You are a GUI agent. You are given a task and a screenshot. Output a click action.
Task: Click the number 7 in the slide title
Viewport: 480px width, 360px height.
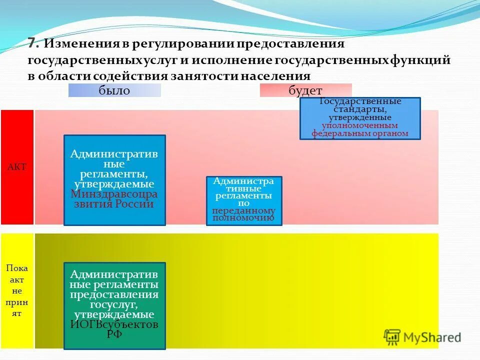coord(32,43)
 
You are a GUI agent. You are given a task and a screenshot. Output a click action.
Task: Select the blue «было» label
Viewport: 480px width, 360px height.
coord(114,90)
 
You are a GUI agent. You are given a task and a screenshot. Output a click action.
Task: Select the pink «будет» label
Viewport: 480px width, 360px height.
coord(305,90)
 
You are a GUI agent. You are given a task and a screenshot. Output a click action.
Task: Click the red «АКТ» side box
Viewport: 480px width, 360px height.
coord(17,167)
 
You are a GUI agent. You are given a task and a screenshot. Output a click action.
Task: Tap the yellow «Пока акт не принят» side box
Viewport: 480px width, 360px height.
coord(17,290)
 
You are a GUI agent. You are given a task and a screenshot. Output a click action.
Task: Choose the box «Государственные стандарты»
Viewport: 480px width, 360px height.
coord(360,118)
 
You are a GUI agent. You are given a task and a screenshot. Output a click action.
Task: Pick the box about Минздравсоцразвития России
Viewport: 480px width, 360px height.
coord(114,180)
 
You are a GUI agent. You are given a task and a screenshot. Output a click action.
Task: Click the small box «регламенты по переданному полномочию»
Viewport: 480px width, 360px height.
coord(244,200)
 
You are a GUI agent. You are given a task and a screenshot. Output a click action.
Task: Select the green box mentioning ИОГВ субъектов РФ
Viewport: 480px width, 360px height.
coord(114,305)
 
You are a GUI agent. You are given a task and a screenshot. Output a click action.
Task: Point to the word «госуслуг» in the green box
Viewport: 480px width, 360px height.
coord(114,305)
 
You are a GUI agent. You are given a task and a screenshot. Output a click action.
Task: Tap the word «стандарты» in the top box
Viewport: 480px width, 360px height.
coord(360,109)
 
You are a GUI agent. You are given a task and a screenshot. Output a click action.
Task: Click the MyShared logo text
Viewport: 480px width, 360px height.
coord(432,337)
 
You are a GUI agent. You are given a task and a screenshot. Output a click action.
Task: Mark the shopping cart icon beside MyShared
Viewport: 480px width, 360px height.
coord(392,336)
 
